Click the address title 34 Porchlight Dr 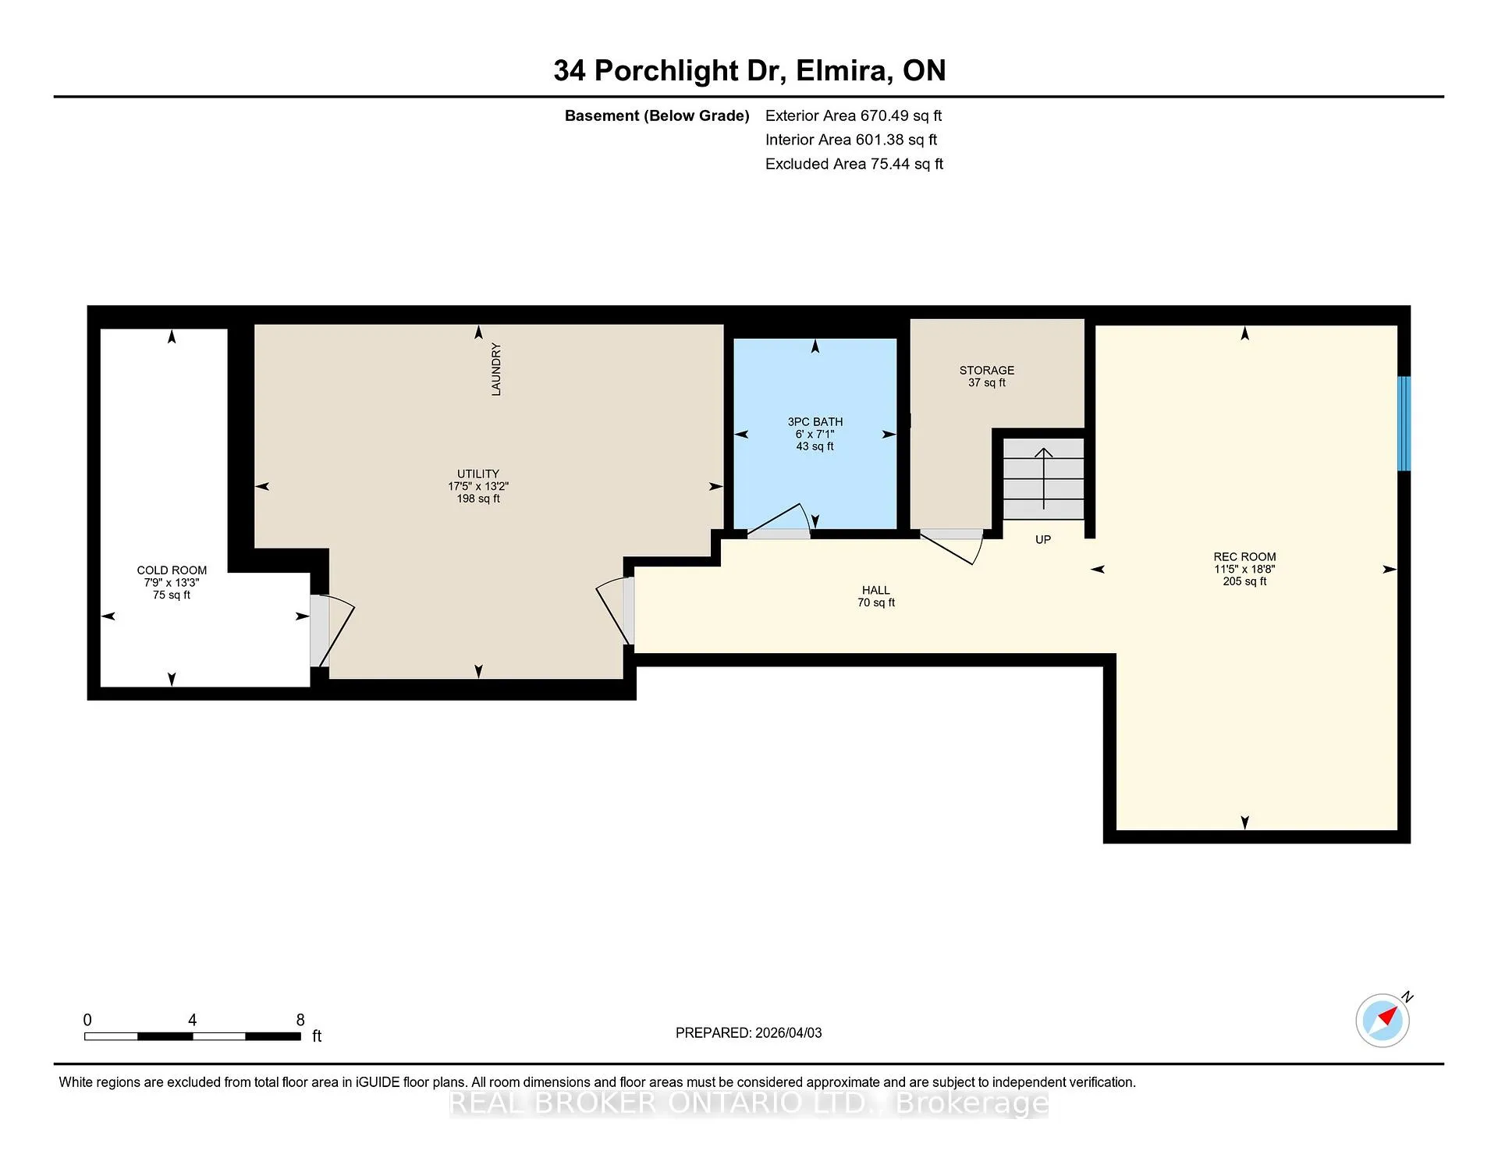pos(666,71)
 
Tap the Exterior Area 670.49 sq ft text pos(854,115)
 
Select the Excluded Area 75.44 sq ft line pos(854,164)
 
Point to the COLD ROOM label pos(172,570)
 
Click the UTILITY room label pos(478,474)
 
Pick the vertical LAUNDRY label pos(496,369)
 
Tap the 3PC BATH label pos(815,422)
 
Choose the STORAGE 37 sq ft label pos(987,376)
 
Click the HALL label pos(876,591)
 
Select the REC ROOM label pos(1244,557)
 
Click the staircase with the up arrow pos(1043,478)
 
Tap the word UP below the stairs pos(1043,539)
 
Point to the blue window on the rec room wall pos(1404,424)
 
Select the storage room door pos(951,546)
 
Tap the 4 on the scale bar pos(192,1020)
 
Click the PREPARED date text pos(749,1033)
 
